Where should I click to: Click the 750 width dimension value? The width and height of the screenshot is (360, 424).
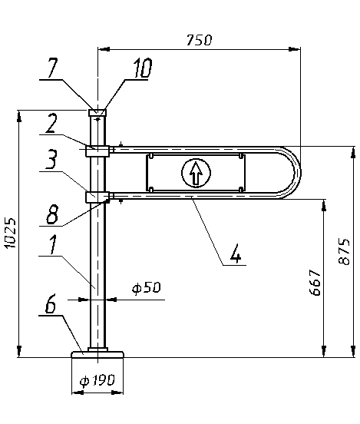tap(199, 40)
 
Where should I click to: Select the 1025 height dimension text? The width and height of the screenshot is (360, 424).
tap(10, 233)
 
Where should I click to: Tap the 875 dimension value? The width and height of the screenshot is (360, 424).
tap(344, 251)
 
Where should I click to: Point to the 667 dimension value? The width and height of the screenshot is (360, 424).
tap(315, 282)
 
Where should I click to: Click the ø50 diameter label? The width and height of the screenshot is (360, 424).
tap(146, 287)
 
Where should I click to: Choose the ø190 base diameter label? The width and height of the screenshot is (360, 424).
tap(97, 380)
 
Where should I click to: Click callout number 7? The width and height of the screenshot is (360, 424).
tap(52, 68)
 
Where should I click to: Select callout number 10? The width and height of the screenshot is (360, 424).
tap(143, 68)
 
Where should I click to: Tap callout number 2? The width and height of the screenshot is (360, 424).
tap(51, 124)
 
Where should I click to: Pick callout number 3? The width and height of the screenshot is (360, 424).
tap(51, 159)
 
